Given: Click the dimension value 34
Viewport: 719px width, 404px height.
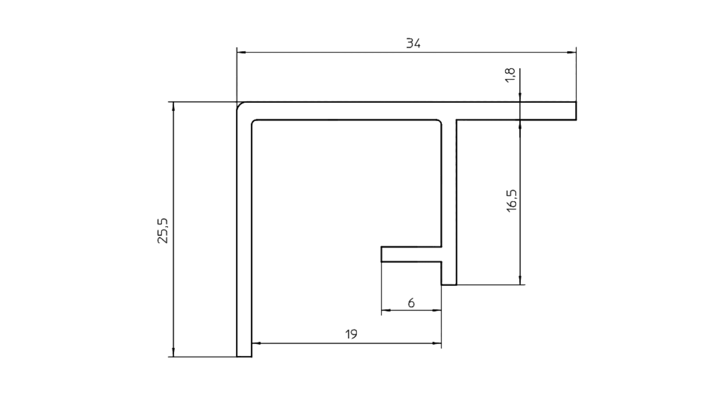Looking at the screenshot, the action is (x=413, y=43).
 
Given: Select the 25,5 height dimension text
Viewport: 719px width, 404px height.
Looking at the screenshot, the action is (x=163, y=231).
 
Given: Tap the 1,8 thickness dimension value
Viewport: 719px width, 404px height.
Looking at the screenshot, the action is (x=510, y=75).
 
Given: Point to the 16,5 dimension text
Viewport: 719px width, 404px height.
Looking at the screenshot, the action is (x=511, y=200).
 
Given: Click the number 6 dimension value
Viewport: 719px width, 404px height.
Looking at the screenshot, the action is (x=411, y=303).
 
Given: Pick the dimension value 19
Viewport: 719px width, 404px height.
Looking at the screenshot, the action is (x=351, y=334).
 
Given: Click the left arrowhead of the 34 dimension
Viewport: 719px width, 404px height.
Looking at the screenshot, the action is (x=241, y=53).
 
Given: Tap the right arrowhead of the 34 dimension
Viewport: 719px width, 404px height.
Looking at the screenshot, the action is (x=572, y=53).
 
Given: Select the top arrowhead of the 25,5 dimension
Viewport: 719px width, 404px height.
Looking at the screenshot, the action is (x=173, y=107).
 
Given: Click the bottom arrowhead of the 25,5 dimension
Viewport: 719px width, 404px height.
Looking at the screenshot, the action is (x=173, y=352).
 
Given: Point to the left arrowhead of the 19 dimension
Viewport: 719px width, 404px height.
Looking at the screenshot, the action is (x=256, y=343).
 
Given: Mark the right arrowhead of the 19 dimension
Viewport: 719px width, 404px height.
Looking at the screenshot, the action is (x=437, y=343).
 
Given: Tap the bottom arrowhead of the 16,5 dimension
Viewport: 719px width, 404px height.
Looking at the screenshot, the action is (x=520, y=280).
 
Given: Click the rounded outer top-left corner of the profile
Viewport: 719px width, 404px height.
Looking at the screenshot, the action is (x=239, y=105).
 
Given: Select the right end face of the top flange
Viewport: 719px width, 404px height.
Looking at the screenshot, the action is (x=576, y=111).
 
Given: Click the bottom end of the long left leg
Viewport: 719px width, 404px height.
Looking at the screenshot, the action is (x=244, y=357).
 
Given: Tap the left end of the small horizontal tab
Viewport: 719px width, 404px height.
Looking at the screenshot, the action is (x=381, y=255).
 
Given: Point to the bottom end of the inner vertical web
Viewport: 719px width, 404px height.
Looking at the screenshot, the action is (x=449, y=284).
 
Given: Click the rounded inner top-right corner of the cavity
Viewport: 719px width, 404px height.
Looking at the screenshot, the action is (x=439, y=122).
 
